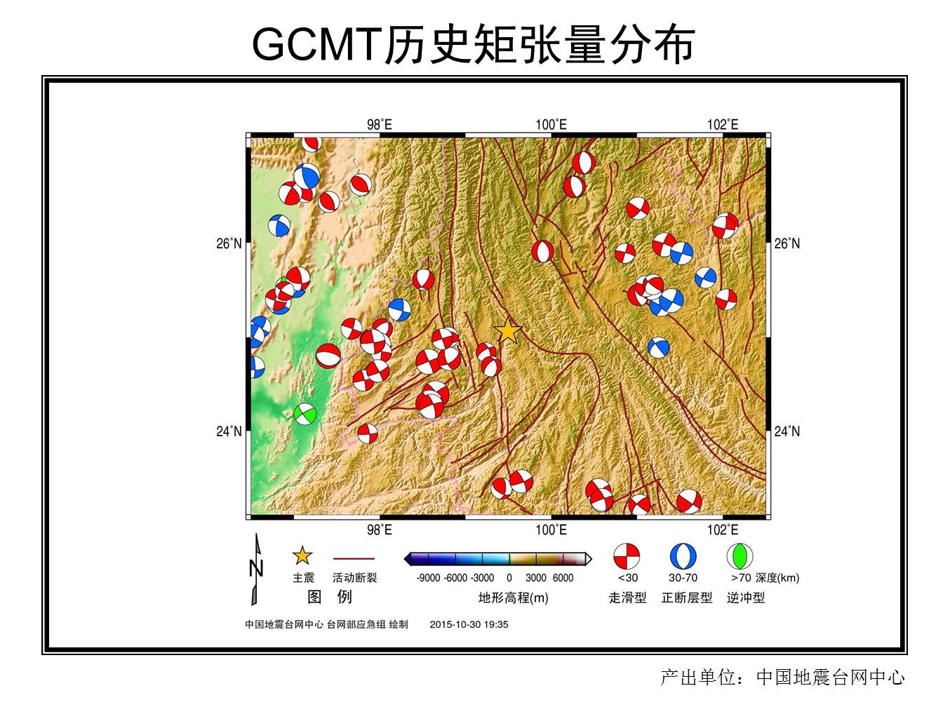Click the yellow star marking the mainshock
click(508, 331)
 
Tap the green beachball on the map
click(305, 415)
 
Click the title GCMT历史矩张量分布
click(473, 44)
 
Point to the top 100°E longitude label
click(551, 125)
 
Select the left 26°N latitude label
click(229, 244)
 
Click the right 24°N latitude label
click(787, 431)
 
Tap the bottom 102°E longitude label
click(723, 530)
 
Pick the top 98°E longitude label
click(380, 125)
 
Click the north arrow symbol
click(256, 570)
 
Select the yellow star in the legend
click(302, 556)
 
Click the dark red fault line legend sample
click(354, 559)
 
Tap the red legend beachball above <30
click(627, 556)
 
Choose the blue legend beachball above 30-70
click(683, 556)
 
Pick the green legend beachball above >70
click(740, 556)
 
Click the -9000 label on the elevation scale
click(428, 578)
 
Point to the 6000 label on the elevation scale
click(563, 578)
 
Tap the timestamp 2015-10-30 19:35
click(469, 624)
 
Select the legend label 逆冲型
click(746, 598)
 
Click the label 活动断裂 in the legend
click(354, 578)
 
